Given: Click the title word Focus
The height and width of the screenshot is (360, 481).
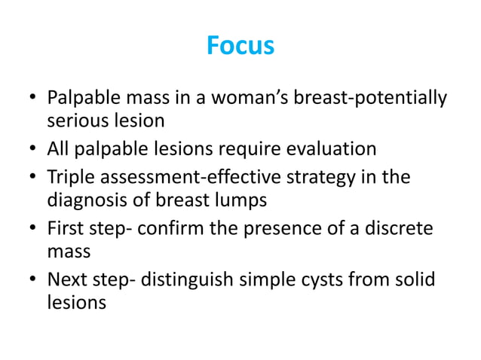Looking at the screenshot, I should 240,47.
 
